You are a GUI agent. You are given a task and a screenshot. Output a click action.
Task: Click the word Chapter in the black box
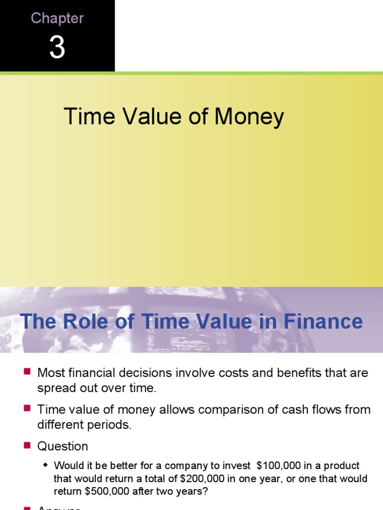pos(57,18)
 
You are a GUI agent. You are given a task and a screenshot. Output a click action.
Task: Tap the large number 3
pos(57,49)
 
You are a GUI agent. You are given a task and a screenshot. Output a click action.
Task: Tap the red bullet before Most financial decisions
pos(27,372)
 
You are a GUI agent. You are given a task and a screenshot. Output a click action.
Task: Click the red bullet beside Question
pos(27,445)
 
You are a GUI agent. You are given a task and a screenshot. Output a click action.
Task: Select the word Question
pos(63,446)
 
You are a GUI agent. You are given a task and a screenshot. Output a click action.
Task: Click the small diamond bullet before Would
pos(46,465)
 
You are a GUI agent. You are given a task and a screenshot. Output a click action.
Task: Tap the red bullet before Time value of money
pos(27,408)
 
